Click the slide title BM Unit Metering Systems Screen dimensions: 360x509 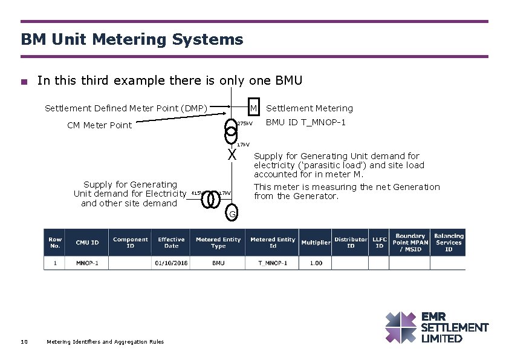coord(132,40)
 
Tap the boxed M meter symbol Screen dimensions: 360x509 coord(254,107)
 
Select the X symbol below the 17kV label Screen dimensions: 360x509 coord(232,155)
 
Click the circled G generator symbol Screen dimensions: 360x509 coord(232,214)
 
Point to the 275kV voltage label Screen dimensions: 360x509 coord(244,123)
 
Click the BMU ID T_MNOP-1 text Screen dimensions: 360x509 coord(306,122)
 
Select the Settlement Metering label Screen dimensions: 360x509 coord(310,108)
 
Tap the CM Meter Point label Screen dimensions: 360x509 coord(99,125)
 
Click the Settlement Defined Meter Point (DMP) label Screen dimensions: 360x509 coord(126,108)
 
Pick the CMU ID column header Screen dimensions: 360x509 coord(87,243)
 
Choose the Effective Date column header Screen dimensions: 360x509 coord(171,243)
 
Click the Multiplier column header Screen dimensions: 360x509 coord(316,243)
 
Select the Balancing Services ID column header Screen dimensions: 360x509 coord(449,243)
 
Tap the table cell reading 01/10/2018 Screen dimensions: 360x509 coord(171,263)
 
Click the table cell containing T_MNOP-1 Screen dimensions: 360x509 coord(273,263)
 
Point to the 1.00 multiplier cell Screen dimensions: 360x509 coord(316,263)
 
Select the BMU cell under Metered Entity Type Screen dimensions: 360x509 coord(218,263)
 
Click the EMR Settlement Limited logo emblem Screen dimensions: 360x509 coord(400,327)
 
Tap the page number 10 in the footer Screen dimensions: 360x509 coord(24,342)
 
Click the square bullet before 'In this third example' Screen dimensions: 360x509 coord(24,82)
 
